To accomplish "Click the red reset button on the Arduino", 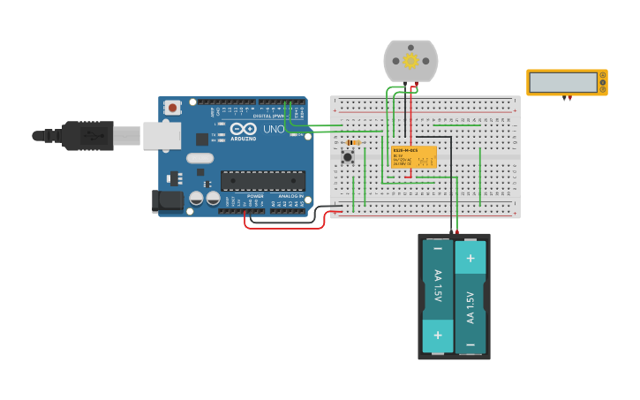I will [x=172, y=108].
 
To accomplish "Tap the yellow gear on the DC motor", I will [x=410, y=60].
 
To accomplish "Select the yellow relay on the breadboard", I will [x=414, y=157].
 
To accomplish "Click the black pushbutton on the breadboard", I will [x=348, y=157].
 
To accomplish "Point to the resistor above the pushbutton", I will [x=353, y=142].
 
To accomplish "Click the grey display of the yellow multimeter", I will [x=563, y=82].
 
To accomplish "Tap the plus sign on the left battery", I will [x=437, y=336].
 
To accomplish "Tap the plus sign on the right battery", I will [x=471, y=258].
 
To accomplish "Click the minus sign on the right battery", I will [x=471, y=344].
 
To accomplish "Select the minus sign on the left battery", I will [x=437, y=250].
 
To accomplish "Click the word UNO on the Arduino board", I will [x=274, y=130].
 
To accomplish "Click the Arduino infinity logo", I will [x=243, y=128].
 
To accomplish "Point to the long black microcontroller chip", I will [x=263, y=181].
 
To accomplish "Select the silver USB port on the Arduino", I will [x=162, y=135].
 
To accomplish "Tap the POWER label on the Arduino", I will [x=255, y=196].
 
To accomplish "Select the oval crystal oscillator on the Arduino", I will [x=200, y=159].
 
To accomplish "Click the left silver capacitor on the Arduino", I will [x=196, y=200].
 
